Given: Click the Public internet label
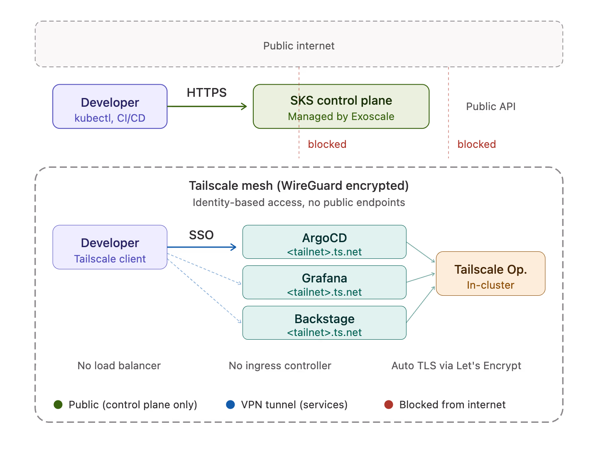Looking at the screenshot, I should (x=299, y=46).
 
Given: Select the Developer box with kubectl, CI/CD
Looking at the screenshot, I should (x=110, y=107).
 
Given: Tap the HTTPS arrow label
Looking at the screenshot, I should (x=206, y=92).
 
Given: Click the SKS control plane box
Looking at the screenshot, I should (x=341, y=107).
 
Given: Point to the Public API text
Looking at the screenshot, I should (x=490, y=106).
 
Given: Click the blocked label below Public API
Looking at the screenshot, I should (x=476, y=144).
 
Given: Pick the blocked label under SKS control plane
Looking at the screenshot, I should (x=327, y=144).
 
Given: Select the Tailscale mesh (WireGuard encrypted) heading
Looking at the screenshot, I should (x=299, y=185).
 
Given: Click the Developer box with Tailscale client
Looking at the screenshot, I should (x=110, y=247).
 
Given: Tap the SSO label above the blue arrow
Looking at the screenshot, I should (x=201, y=235).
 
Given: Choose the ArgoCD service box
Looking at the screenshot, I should (x=324, y=242).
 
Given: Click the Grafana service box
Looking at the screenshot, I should (x=324, y=282).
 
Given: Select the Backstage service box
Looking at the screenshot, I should (x=324, y=323).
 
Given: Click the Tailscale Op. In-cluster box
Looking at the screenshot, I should (x=490, y=274).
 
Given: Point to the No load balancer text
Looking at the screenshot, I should (x=119, y=365).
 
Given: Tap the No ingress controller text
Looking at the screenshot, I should (x=280, y=365).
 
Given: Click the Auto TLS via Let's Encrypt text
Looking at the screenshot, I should (x=456, y=365).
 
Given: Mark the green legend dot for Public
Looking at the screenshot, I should (x=58, y=405).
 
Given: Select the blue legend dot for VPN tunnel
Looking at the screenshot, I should (x=230, y=405).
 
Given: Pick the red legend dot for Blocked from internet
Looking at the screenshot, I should (x=389, y=405).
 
